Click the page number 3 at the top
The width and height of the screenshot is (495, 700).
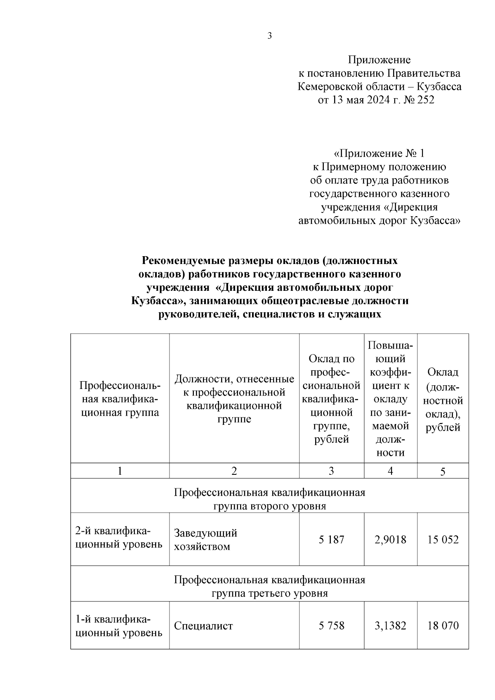[270, 36]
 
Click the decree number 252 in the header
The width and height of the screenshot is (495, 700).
[426, 100]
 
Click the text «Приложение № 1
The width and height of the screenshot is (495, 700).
[379, 154]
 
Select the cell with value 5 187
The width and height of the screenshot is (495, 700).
[331, 540]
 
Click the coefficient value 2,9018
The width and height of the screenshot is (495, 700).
[390, 540]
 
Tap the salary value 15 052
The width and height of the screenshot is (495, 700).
[443, 540]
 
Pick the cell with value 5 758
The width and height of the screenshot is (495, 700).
[331, 626]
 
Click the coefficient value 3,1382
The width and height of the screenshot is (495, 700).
[390, 626]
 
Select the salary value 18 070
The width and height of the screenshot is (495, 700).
[443, 626]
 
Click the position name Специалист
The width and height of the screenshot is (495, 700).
[203, 626]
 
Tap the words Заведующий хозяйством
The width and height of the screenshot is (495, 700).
[205, 540]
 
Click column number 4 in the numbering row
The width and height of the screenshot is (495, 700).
[390, 471]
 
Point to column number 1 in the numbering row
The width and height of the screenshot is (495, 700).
[120, 471]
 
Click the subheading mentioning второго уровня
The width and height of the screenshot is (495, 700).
[269, 506]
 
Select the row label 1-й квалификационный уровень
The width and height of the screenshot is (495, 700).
[118, 626]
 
